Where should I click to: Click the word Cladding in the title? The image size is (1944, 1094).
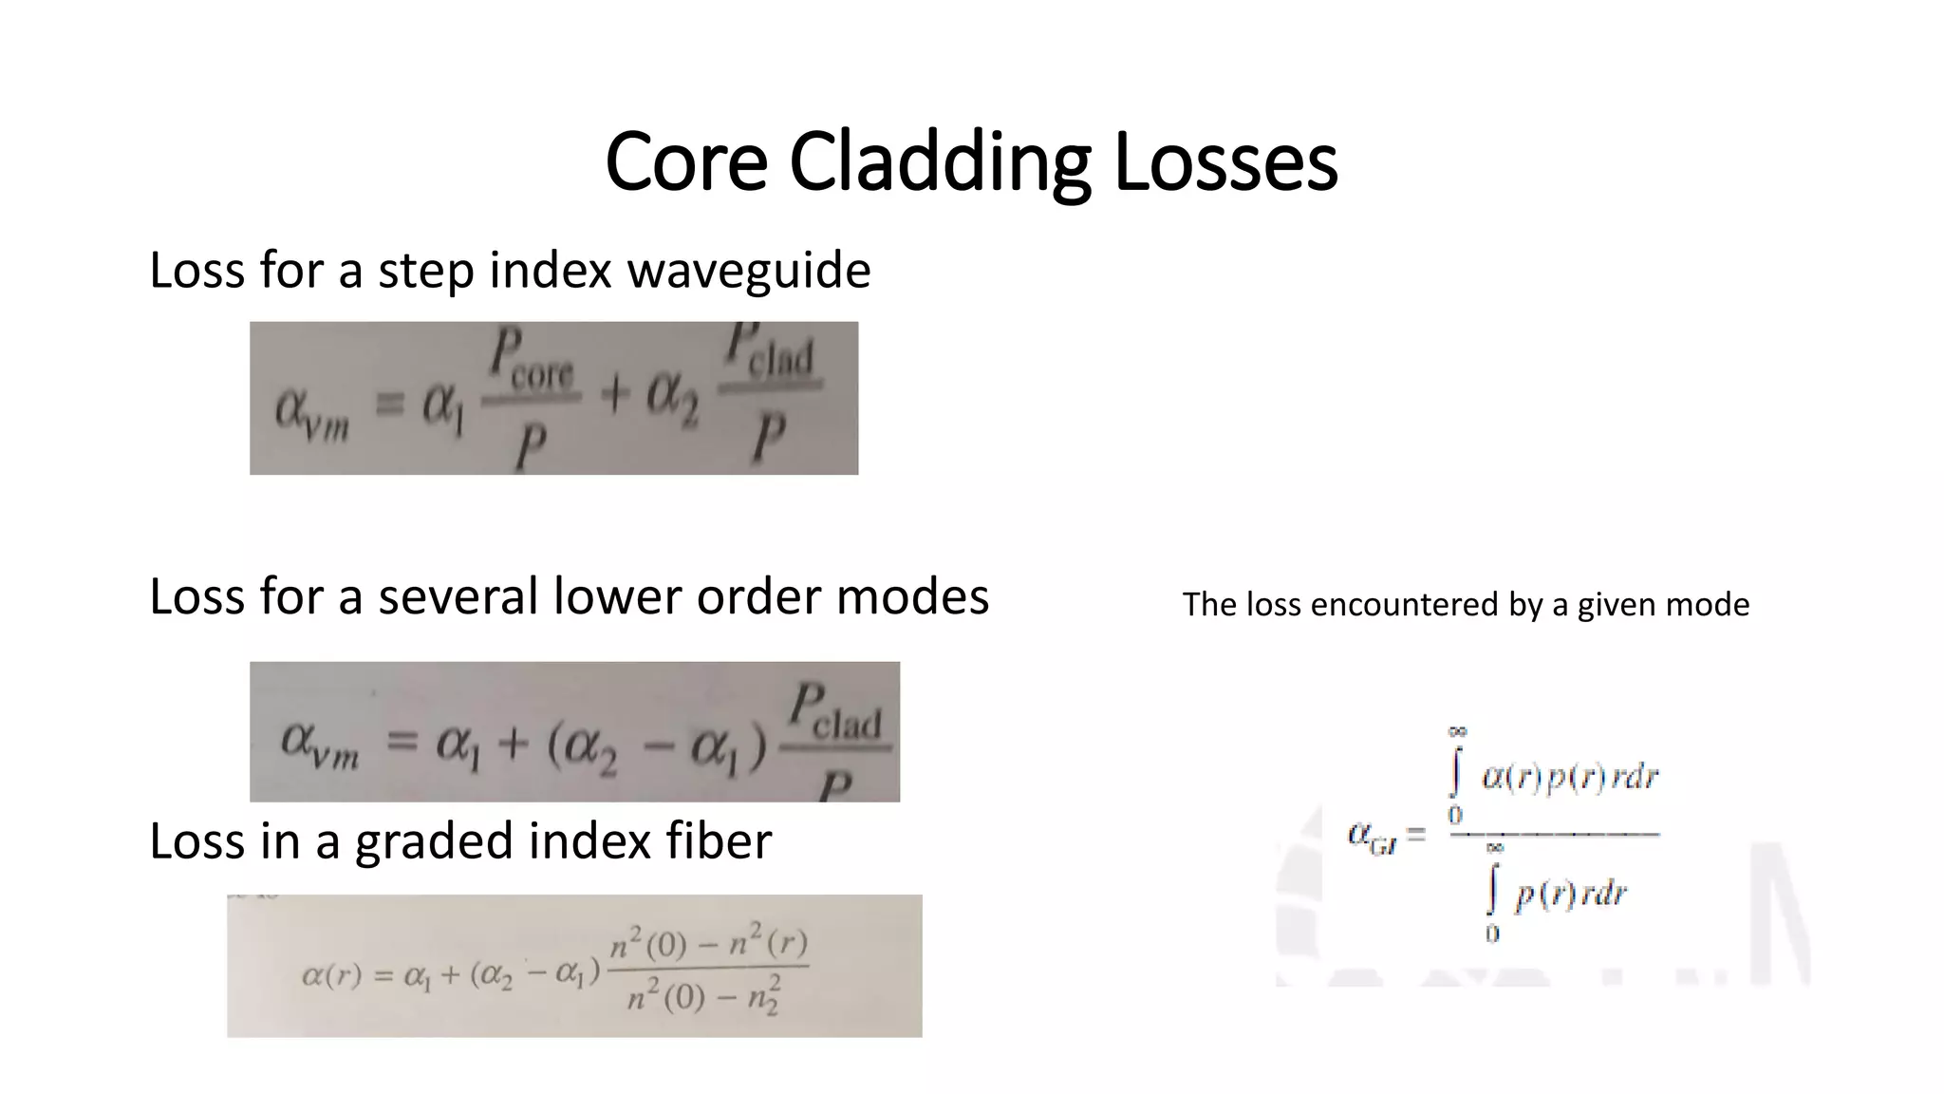tap(940, 161)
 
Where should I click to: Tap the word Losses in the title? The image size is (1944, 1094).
tap(1225, 161)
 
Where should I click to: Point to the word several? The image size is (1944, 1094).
tap(458, 596)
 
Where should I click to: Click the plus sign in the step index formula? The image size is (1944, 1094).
tap(614, 394)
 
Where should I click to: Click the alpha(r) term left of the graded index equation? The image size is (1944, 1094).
tap(331, 975)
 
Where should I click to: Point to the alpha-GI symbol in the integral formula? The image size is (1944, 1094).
tap(1373, 837)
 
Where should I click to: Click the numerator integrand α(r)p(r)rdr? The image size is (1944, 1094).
tap(1569, 778)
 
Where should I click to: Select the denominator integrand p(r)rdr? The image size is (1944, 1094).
tap(1570, 895)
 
